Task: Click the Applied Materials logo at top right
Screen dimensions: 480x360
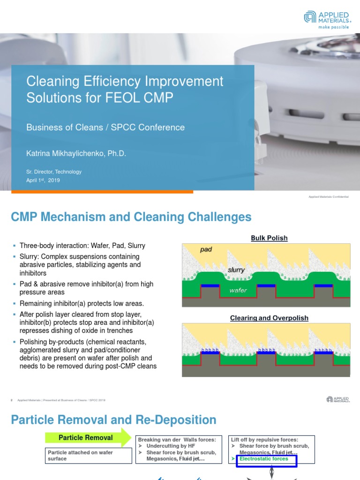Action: (327, 20)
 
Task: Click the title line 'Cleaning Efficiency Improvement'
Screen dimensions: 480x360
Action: (125, 81)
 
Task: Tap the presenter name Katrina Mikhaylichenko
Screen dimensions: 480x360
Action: (76, 153)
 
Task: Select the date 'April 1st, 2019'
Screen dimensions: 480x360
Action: (43, 180)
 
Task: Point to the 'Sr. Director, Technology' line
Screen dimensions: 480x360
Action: (54, 172)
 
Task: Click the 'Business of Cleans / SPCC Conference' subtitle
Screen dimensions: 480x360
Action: (105, 127)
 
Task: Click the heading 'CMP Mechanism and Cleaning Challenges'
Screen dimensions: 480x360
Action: (131, 217)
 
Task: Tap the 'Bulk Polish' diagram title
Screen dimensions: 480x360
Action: (269, 238)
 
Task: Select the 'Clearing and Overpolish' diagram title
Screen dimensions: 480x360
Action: (269, 318)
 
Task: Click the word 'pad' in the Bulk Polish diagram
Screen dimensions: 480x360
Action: (206, 249)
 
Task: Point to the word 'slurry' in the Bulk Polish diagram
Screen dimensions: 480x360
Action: (236, 270)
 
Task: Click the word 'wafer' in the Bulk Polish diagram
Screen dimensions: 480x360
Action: (238, 291)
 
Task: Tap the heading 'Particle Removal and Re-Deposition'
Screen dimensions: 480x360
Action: (113, 420)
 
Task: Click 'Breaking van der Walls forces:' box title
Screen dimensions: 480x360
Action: (176, 440)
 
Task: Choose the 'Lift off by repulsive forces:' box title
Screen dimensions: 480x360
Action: (264, 440)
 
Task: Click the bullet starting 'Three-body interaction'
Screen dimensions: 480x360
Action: (82, 246)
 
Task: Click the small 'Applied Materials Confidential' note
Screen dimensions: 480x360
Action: (329, 197)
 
